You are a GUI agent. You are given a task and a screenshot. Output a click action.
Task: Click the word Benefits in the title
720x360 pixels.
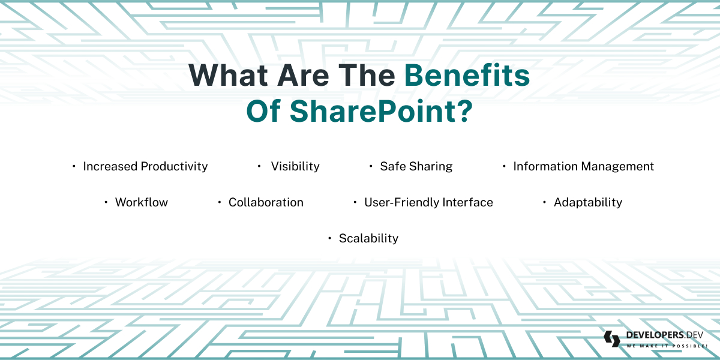[x=467, y=76]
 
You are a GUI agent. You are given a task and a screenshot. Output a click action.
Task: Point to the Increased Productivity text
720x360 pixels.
[x=145, y=166]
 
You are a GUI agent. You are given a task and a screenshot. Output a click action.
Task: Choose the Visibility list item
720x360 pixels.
[x=295, y=166]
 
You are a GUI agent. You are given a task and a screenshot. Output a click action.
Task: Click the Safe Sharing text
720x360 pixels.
[x=416, y=166]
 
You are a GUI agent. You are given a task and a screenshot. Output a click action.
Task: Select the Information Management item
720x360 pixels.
[x=583, y=166]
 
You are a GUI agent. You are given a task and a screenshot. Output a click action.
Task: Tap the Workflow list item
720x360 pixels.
[x=142, y=202]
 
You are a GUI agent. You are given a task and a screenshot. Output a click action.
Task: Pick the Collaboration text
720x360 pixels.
[x=266, y=202]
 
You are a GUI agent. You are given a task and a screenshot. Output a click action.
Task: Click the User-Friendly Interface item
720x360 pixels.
[x=428, y=202]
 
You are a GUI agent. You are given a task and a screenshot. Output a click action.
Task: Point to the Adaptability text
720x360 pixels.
[x=588, y=202]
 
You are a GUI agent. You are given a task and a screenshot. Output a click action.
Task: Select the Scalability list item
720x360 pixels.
[x=368, y=238]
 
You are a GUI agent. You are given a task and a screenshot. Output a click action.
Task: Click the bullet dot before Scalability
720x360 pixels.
[x=329, y=238]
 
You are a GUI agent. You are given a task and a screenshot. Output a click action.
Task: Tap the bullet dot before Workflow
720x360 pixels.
[x=106, y=202]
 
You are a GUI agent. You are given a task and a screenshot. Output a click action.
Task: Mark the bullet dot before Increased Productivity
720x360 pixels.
[x=74, y=166]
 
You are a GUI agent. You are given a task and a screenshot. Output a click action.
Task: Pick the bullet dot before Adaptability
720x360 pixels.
[x=544, y=202]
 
